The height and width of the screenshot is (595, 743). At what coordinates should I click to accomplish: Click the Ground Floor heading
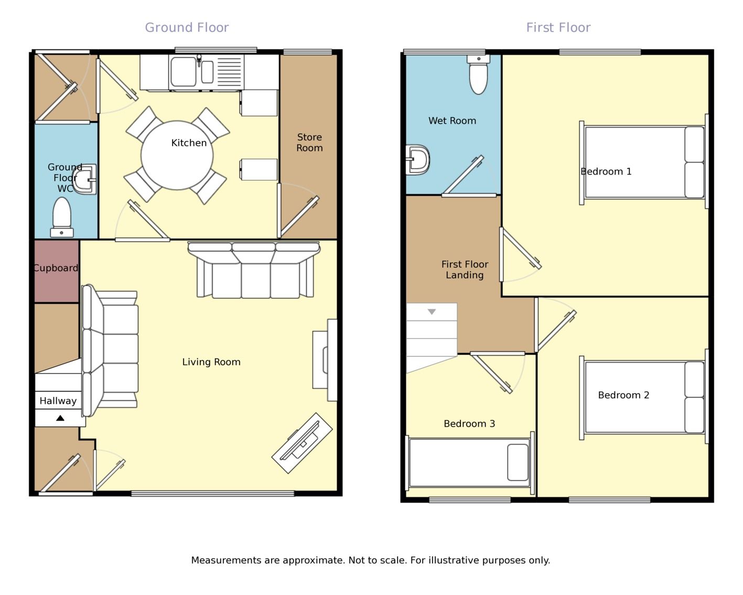[187, 28]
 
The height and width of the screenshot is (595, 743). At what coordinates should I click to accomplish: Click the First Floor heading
[558, 28]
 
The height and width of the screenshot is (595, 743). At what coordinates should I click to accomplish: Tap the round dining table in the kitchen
[177, 155]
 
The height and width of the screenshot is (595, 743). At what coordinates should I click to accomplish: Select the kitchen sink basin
[184, 71]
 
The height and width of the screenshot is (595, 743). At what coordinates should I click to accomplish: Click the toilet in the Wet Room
[479, 75]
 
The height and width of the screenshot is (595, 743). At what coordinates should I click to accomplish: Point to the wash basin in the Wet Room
[418, 160]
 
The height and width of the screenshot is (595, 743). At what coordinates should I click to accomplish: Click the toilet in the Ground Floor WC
[62, 217]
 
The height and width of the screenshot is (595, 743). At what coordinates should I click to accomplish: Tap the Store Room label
[309, 142]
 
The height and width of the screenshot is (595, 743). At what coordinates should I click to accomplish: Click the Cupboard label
[56, 268]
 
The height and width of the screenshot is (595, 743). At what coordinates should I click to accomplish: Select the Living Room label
[211, 362]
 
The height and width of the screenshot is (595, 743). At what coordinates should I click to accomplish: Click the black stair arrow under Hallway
[60, 418]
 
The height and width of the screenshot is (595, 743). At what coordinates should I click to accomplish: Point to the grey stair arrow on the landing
[432, 312]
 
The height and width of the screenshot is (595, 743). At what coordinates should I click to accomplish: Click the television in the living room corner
[302, 443]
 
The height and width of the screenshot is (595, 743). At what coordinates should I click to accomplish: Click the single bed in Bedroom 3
[470, 463]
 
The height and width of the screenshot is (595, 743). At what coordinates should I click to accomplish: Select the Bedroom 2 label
[623, 395]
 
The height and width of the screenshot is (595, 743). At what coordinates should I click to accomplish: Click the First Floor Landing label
[465, 270]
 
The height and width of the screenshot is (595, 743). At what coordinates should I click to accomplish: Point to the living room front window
[213, 494]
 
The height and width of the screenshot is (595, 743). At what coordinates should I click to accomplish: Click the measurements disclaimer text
[371, 560]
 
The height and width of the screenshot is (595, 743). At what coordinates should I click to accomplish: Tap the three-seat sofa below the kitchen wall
[254, 270]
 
